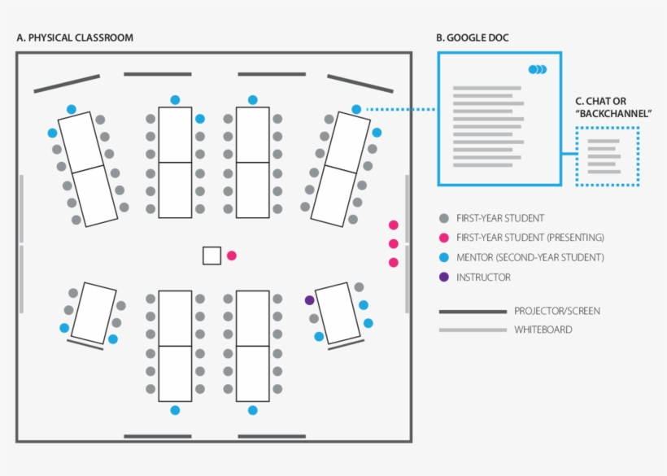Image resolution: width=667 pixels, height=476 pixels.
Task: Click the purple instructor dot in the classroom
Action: pyautogui.click(x=309, y=300)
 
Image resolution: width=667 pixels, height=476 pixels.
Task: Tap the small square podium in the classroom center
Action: pyautogui.click(x=212, y=255)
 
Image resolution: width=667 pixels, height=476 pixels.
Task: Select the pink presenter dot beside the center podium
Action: pyautogui.click(x=232, y=255)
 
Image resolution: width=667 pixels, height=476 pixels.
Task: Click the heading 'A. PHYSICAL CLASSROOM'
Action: pyautogui.click(x=75, y=38)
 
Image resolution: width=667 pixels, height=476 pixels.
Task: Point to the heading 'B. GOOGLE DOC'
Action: pyautogui.click(x=473, y=38)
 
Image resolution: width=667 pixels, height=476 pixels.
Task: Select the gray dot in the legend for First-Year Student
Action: pyautogui.click(x=443, y=218)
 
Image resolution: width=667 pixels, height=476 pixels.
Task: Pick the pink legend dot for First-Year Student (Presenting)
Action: pyautogui.click(x=443, y=238)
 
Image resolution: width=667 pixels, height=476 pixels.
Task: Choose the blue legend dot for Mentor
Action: pyautogui.click(x=443, y=257)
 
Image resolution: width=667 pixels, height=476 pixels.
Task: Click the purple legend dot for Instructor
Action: pyautogui.click(x=443, y=277)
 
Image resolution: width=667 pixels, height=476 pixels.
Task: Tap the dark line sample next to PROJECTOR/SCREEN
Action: pyautogui.click(x=473, y=311)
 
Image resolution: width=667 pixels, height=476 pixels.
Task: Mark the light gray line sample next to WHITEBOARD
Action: pyautogui.click(x=473, y=330)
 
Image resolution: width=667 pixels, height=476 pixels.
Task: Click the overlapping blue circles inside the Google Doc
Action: pyautogui.click(x=538, y=70)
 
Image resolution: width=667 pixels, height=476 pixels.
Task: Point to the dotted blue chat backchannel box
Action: pyautogui.click(x=607, y=156)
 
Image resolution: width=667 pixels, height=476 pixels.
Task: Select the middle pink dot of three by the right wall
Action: pyautogui.click(x=394, y=243)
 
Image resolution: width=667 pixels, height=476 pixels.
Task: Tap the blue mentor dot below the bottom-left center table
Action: pyautogui.click(x=175, y=410)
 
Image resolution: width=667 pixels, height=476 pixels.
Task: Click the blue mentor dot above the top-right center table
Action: pyautogui.click(x=253, y=100)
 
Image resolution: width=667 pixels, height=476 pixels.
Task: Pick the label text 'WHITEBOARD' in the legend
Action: pyautogui.click(x=543, y=330)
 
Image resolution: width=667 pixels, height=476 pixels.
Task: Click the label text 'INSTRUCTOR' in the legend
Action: pyautogui.click(x=483, y=277)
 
